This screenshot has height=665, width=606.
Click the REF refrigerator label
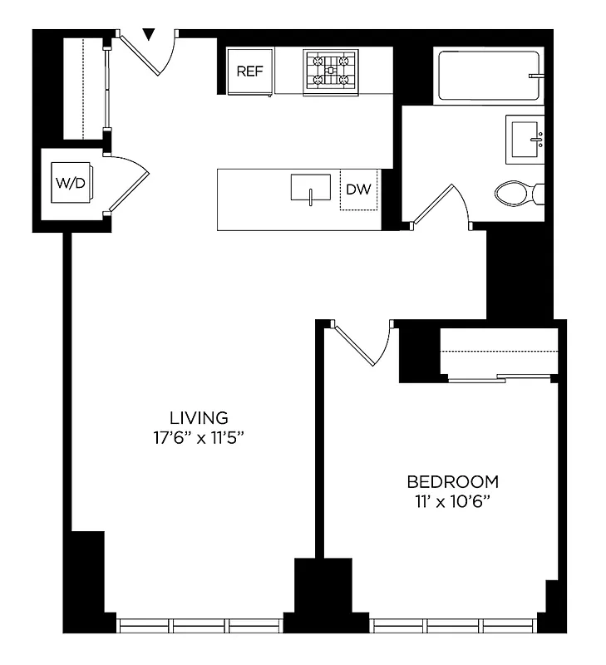pyautogui.click(x=249, y=71)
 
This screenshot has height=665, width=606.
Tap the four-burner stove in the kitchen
pyautogui.click(x=330, y=71)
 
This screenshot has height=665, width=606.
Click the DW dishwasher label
pyautogui.click(x=358, y=190)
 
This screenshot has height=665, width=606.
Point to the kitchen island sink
pyautogui.click(x=310, y=188)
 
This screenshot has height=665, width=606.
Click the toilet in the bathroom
pyautogui.click(x=518, y=195)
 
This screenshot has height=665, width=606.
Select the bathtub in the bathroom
pyautogui.click(x=488, y=76)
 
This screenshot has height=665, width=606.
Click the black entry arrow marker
pyautogui.click(x=149, y=34)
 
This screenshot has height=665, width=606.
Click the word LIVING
pyautogui.click(x=199, y=417)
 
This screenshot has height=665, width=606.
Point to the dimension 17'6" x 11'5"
pyautogui.click(x=199, y=437)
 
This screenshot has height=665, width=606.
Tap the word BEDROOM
pyautogui.click(x=452, y=481)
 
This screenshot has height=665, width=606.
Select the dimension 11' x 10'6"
pyautogui.click(x=452, y=501)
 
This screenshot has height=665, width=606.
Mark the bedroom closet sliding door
pyautogui.click(x=499, y=379)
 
